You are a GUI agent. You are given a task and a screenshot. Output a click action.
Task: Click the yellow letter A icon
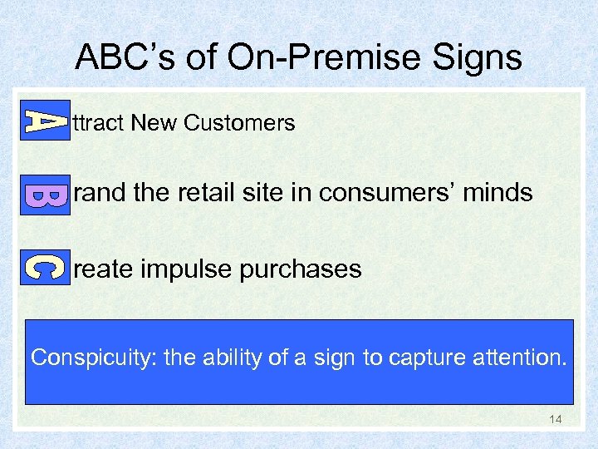(45, 121)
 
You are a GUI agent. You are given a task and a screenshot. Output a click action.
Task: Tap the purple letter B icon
(45, 195)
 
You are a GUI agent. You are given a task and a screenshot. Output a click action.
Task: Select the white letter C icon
(45, 268)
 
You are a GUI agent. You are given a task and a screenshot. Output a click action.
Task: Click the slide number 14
(555, 419)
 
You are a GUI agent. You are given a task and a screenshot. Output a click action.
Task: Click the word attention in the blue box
(520, 358)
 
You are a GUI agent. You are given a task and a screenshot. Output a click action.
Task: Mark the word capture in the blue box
(426, 358)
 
